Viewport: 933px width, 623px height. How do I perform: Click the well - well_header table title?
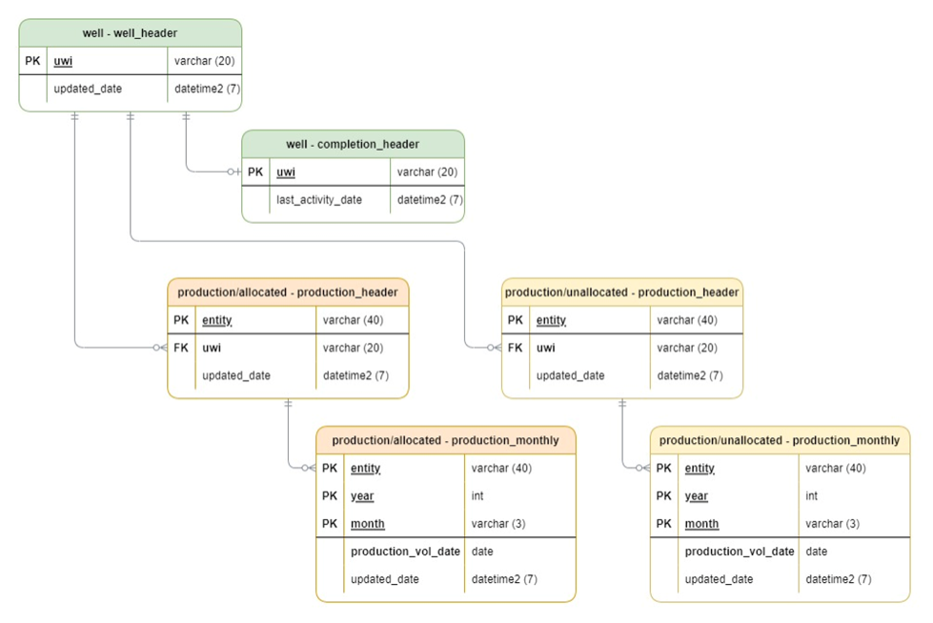130,33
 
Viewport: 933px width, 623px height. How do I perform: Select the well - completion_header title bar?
353,145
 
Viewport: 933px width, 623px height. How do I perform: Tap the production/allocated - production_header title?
288,292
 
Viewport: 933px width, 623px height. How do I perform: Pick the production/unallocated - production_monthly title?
779,440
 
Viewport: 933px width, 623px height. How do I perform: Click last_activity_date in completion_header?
319,200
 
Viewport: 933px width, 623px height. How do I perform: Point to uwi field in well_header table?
63,61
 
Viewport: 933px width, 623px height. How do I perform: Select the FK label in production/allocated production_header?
181,348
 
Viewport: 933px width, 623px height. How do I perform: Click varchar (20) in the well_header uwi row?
204,61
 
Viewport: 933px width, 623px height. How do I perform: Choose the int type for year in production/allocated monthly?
477,495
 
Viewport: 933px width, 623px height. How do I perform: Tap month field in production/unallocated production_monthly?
701,523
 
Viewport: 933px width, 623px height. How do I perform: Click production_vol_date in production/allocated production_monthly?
405,551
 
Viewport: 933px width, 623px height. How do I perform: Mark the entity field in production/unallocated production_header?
551,320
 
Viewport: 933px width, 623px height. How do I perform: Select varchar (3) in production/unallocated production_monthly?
832,523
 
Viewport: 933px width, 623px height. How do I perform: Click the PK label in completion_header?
255,172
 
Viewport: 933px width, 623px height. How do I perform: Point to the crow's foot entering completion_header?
234,172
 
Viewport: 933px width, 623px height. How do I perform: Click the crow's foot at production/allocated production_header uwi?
160,348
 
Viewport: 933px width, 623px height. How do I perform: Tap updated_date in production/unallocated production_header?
570,375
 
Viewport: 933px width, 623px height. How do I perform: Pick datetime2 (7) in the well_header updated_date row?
207,89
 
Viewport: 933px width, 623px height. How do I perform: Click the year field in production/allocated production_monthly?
362,495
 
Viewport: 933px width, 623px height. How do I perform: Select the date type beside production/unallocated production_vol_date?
816,551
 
